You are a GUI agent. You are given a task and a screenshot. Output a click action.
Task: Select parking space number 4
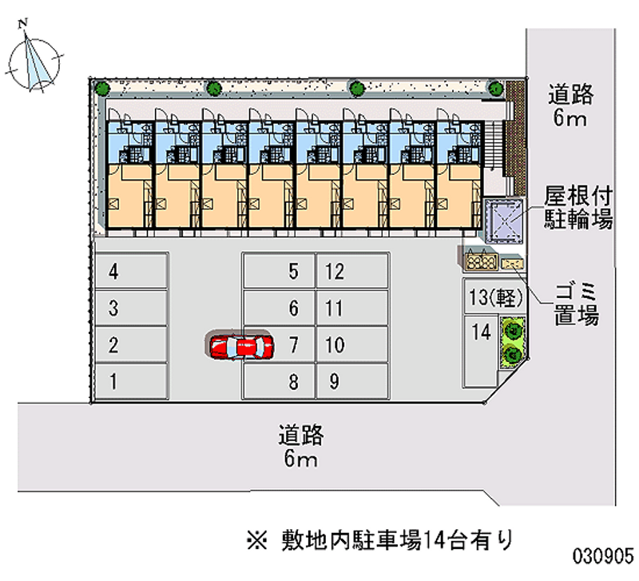[x=131, y=272]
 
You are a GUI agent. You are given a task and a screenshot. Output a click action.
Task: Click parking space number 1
[x=131, y=381]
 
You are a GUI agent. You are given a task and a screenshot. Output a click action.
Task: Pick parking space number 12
[x=352, y=272]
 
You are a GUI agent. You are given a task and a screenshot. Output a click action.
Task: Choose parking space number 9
[x=352, y=381]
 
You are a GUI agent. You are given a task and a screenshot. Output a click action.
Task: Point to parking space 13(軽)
[x=495, y=297]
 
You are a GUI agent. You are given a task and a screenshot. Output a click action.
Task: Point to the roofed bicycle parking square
[x=503, y=217]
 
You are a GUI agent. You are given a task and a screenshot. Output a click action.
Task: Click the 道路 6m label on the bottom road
[x=300, y=447]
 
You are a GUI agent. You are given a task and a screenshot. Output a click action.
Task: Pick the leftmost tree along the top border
[x=101, y=88]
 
